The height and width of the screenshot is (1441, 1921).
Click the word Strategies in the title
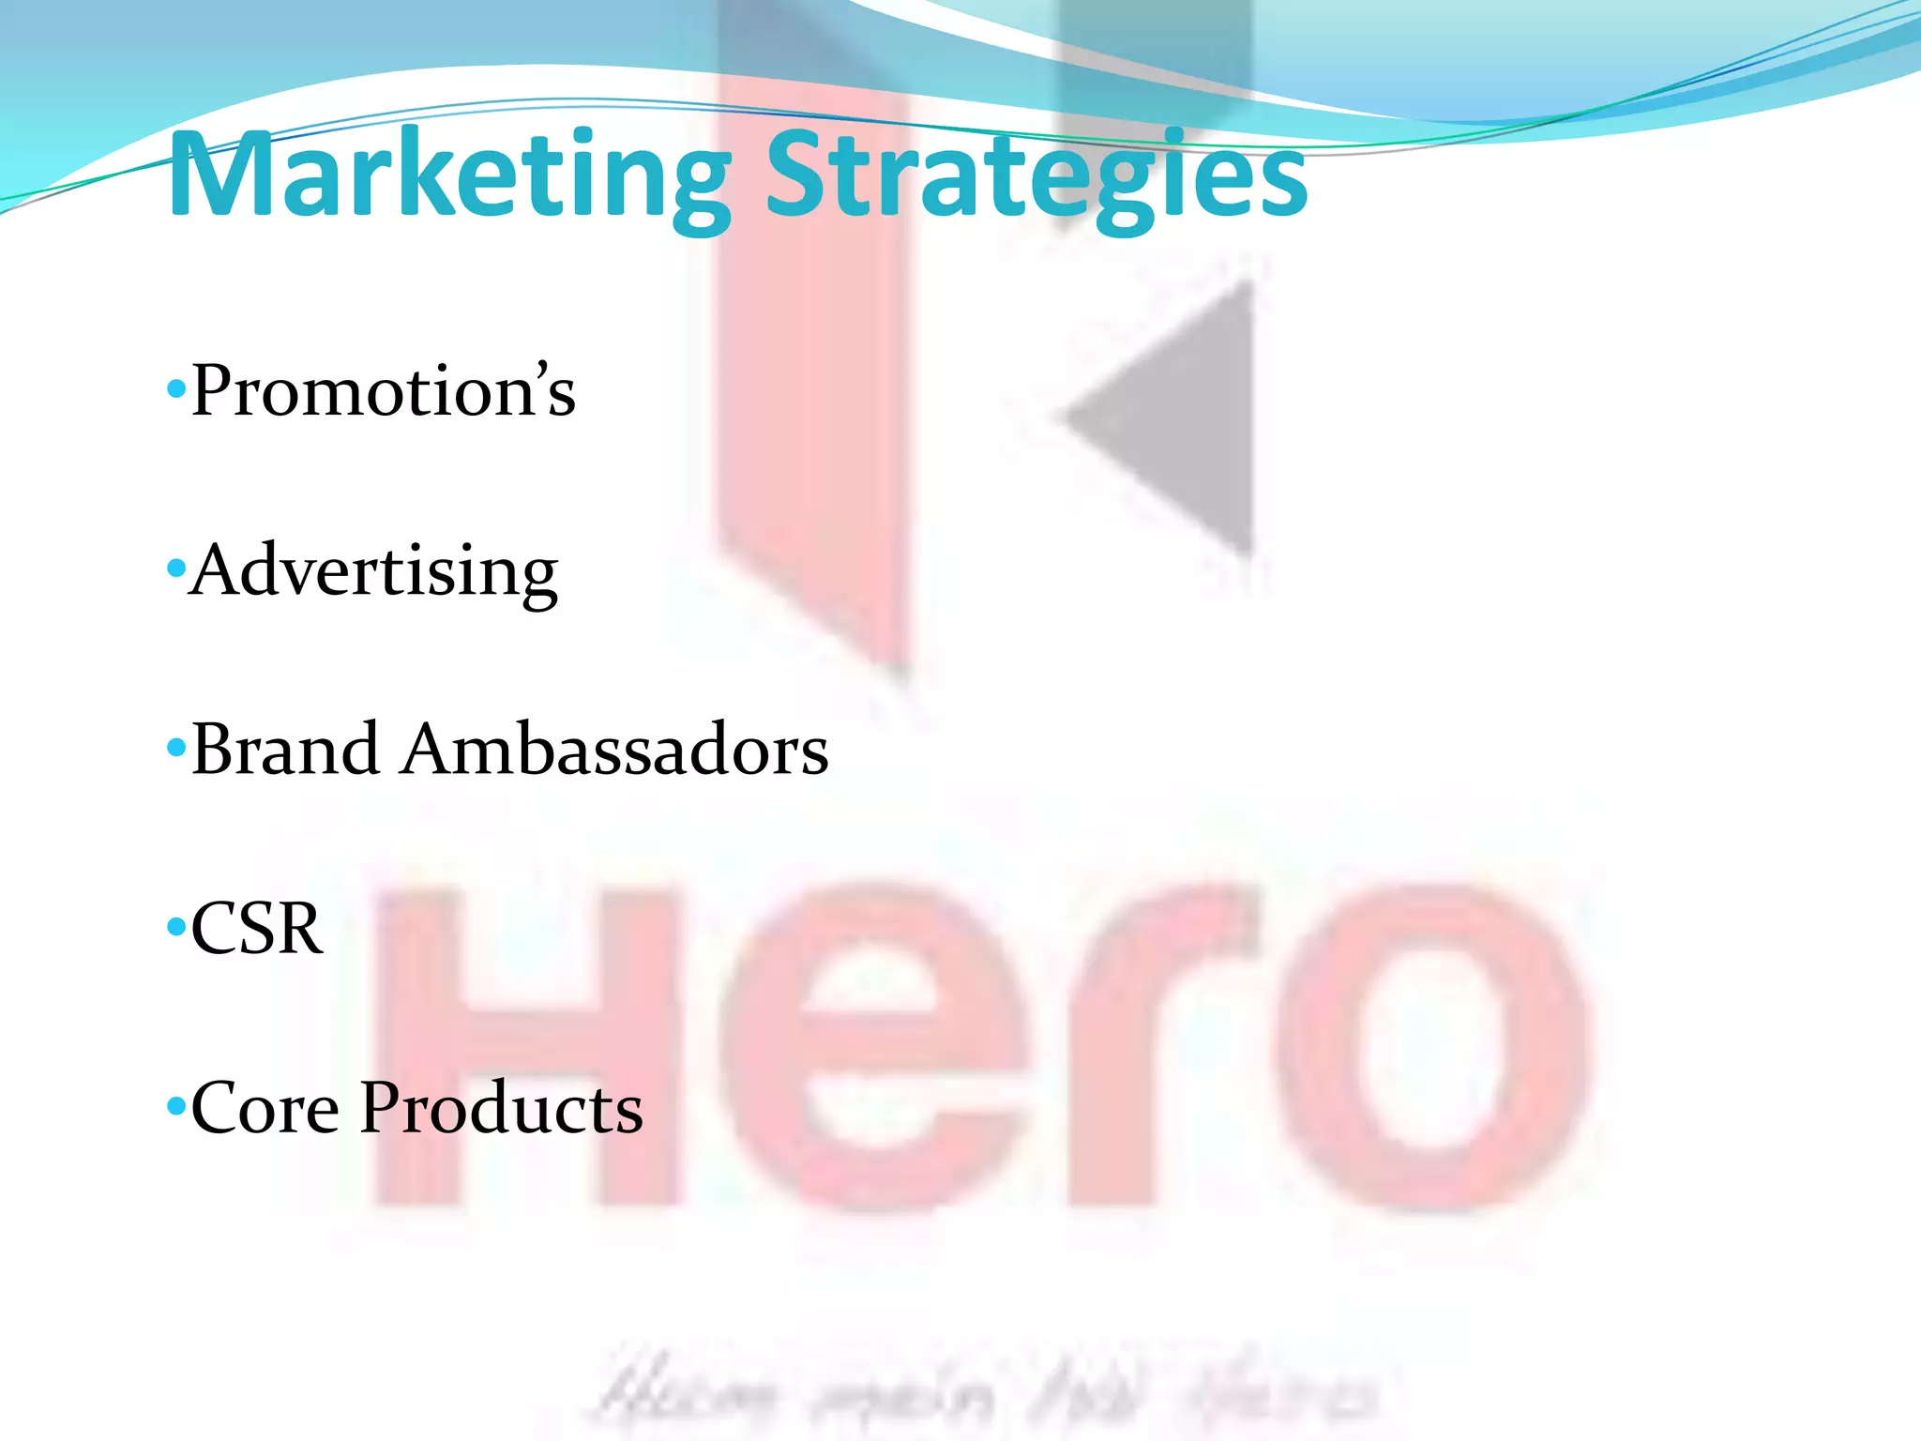point(1036,175)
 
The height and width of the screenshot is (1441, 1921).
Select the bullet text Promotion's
point(383,390)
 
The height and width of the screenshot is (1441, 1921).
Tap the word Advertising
point(373,570)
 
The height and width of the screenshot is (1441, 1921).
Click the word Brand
point(285,750)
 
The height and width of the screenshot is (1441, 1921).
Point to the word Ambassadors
point(614,750)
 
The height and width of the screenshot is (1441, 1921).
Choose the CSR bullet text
point(256,929)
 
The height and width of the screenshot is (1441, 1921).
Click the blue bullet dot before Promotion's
point(175,387)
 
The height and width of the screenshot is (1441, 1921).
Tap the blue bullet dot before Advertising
point(175,568)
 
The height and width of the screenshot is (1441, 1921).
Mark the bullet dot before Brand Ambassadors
point(175,748)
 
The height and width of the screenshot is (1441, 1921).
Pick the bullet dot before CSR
point(175,928)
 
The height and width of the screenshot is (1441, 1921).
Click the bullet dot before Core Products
point(175,1107)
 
